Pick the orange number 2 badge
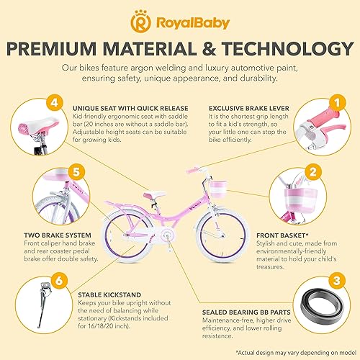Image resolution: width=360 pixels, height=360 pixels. (x=333, y=192)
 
